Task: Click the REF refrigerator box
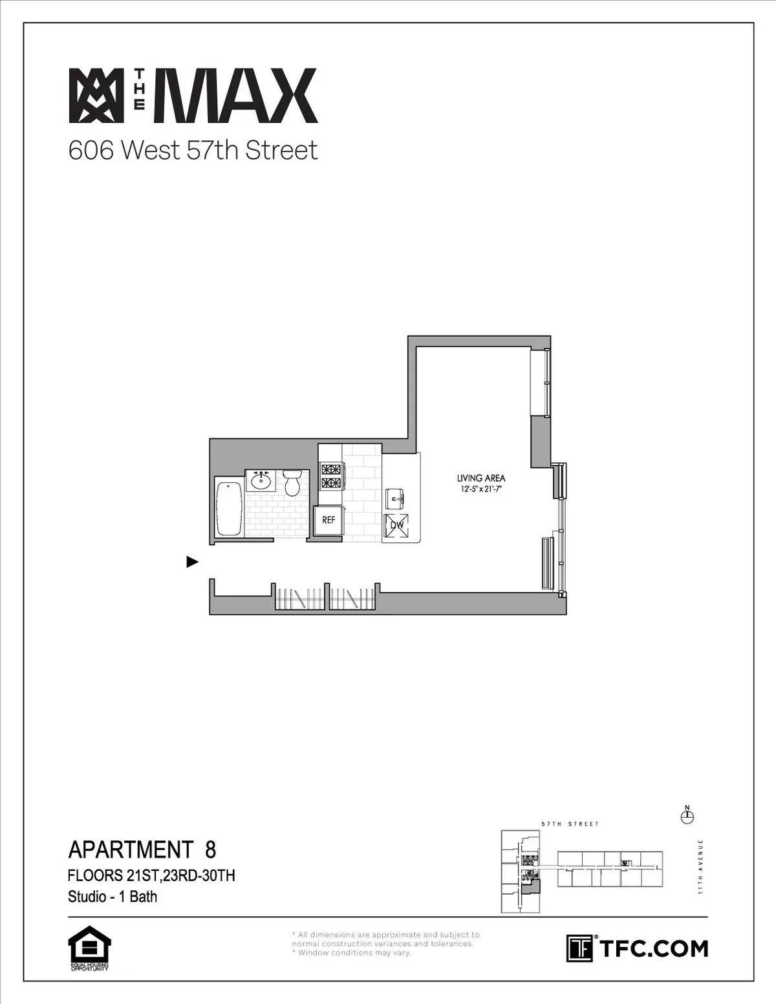[x=329, y=520]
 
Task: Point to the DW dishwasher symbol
[x=397, y=526]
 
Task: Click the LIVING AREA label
[x=480, y=478]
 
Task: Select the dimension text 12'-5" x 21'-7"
[x=480, y=489]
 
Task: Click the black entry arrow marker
[x=192, y=562]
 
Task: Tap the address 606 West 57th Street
[x=193, y=151]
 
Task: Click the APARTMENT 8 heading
[x=142, y=849]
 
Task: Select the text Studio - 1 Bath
[x=113, y=897]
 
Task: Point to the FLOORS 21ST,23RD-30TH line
[x=151, y=875]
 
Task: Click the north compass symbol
[x=687, y=817]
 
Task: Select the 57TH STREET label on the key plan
[x=570, y=824]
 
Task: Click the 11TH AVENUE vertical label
[x=701, y=867]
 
